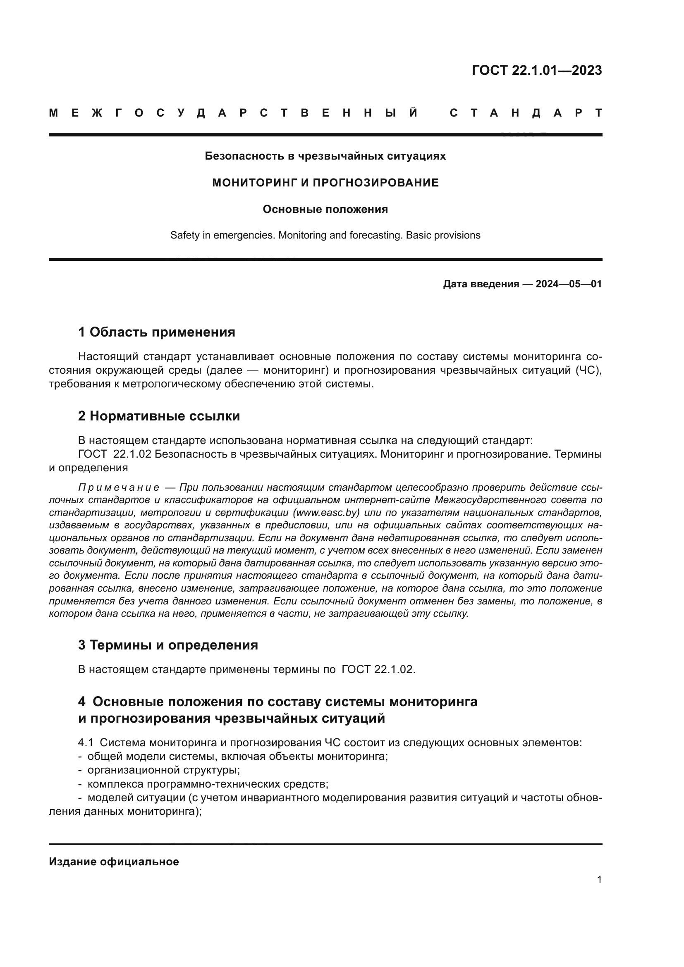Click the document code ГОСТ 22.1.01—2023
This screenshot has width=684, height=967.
click(x=536, y=70)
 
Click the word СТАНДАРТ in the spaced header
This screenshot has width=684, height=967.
click(x=526, y=113)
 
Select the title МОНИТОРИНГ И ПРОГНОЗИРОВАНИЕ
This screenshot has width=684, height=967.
click(x=325, y=183)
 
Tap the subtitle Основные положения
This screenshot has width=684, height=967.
click(x=325, y=209)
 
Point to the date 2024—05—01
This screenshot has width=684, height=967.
click(x=568, y=284)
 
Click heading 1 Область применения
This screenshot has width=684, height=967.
click(x=156, y=332)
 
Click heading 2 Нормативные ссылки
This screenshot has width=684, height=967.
click(x=159, y=416)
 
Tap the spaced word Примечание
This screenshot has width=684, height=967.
click(x=119, y=488)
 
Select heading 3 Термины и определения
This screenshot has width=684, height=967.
click(x=167, y=645)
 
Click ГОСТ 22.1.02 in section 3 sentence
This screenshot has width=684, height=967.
click(x=378, y=669)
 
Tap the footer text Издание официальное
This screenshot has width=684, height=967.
click(x=114, y=862)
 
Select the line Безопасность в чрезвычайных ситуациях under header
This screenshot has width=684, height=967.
click(x=325, y=156)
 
